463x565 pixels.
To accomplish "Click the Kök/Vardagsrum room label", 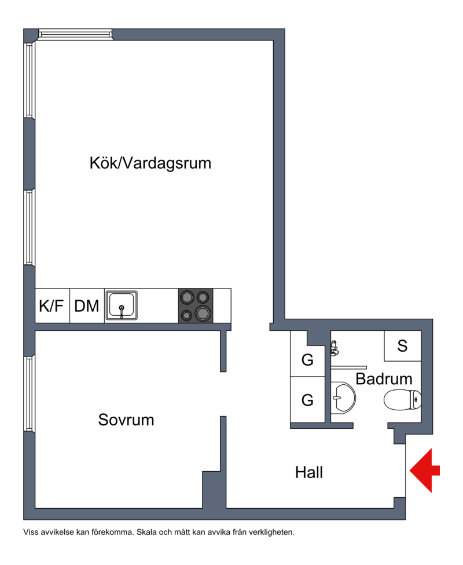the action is (x=150, y=163).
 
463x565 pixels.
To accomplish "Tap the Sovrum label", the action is (x=126, y=420).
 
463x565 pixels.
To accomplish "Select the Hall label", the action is (x=309, y=472).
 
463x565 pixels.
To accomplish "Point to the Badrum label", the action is (x=384, y=379).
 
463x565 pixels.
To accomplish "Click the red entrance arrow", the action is (x=424, y=471).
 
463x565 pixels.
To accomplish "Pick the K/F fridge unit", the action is (x=52, y=305).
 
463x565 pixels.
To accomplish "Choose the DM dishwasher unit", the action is (x=87, y=305).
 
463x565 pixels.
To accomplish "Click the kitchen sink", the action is (x=122, y=305).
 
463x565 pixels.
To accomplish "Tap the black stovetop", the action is (x=196, y=305).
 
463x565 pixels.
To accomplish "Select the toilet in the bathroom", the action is (x=402, y=400).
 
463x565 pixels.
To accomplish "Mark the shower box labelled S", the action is (x=403, y=346).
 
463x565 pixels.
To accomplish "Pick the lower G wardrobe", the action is (x=307, y=400).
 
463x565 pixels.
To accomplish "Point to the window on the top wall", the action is (x=76, y=35).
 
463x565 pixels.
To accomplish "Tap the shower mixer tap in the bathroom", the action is (x=335, y=348).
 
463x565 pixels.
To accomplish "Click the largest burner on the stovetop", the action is (x=203, y=313).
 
